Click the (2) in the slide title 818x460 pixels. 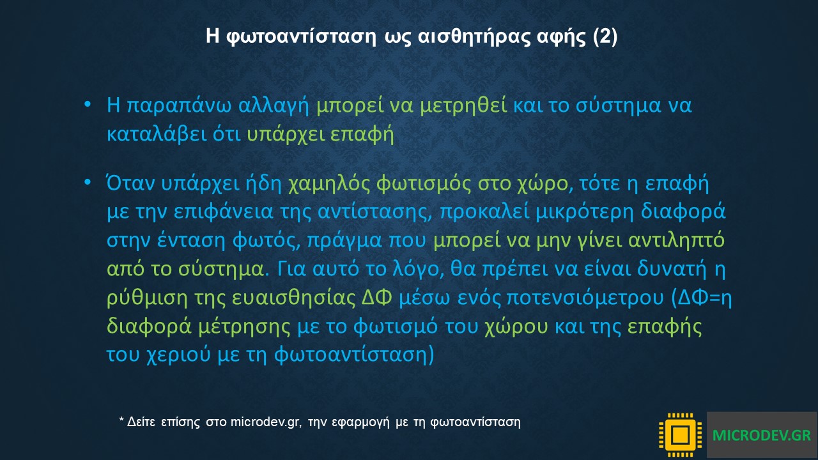pyautogui.click(x=605, y=36)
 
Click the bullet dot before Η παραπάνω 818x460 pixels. pyautogui.click(x=88, y=105)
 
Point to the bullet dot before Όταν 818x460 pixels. pyautogui.click(x=88, y=182)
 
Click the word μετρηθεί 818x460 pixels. pyautogui.click(x=463, y=105)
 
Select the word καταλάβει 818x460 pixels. pyautogui.click(x=157, y=134)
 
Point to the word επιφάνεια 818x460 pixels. pyautogui.click(x=224, y=211)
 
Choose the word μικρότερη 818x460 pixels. pyautogui.click(x=585, y=211)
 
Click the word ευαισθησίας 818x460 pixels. pyautogui.click(x=294, y=298)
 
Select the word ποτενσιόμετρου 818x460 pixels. pyautogui.click(x=585, y=298)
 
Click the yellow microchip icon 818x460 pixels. pyautogui.click(x=681, y=435)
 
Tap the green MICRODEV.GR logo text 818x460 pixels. pyautogui.click(x=762, y=435)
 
